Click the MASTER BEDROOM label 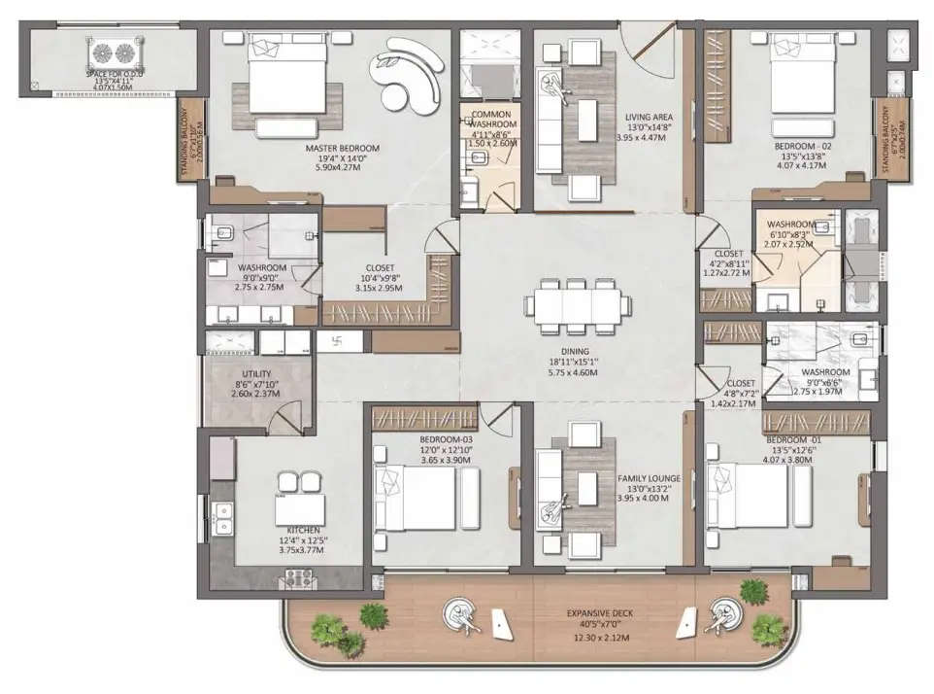(x=342, y=149)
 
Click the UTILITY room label (x=256, y=373)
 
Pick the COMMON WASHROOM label (x=491, y=120)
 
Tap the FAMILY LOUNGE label (x=649, y=479)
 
